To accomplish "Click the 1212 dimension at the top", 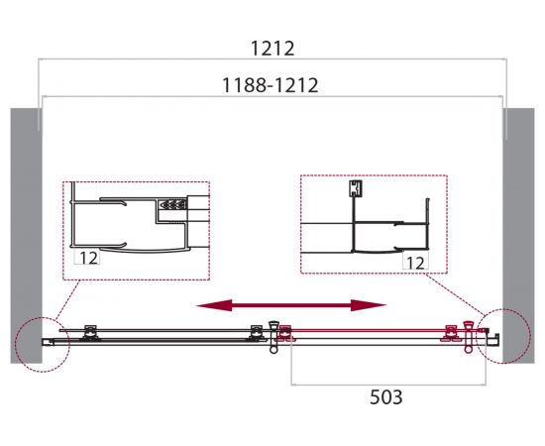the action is (272, 49).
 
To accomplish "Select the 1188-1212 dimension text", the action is (270, 85).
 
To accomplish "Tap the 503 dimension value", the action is (385, 397).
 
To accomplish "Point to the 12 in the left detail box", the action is (88, 258).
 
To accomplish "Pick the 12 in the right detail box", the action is (415, 264).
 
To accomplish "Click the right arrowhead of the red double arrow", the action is (369, 305).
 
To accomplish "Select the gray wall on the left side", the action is (27, 236).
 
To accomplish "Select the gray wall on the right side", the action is (518, 236).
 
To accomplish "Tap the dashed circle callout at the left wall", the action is (16, 344).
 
